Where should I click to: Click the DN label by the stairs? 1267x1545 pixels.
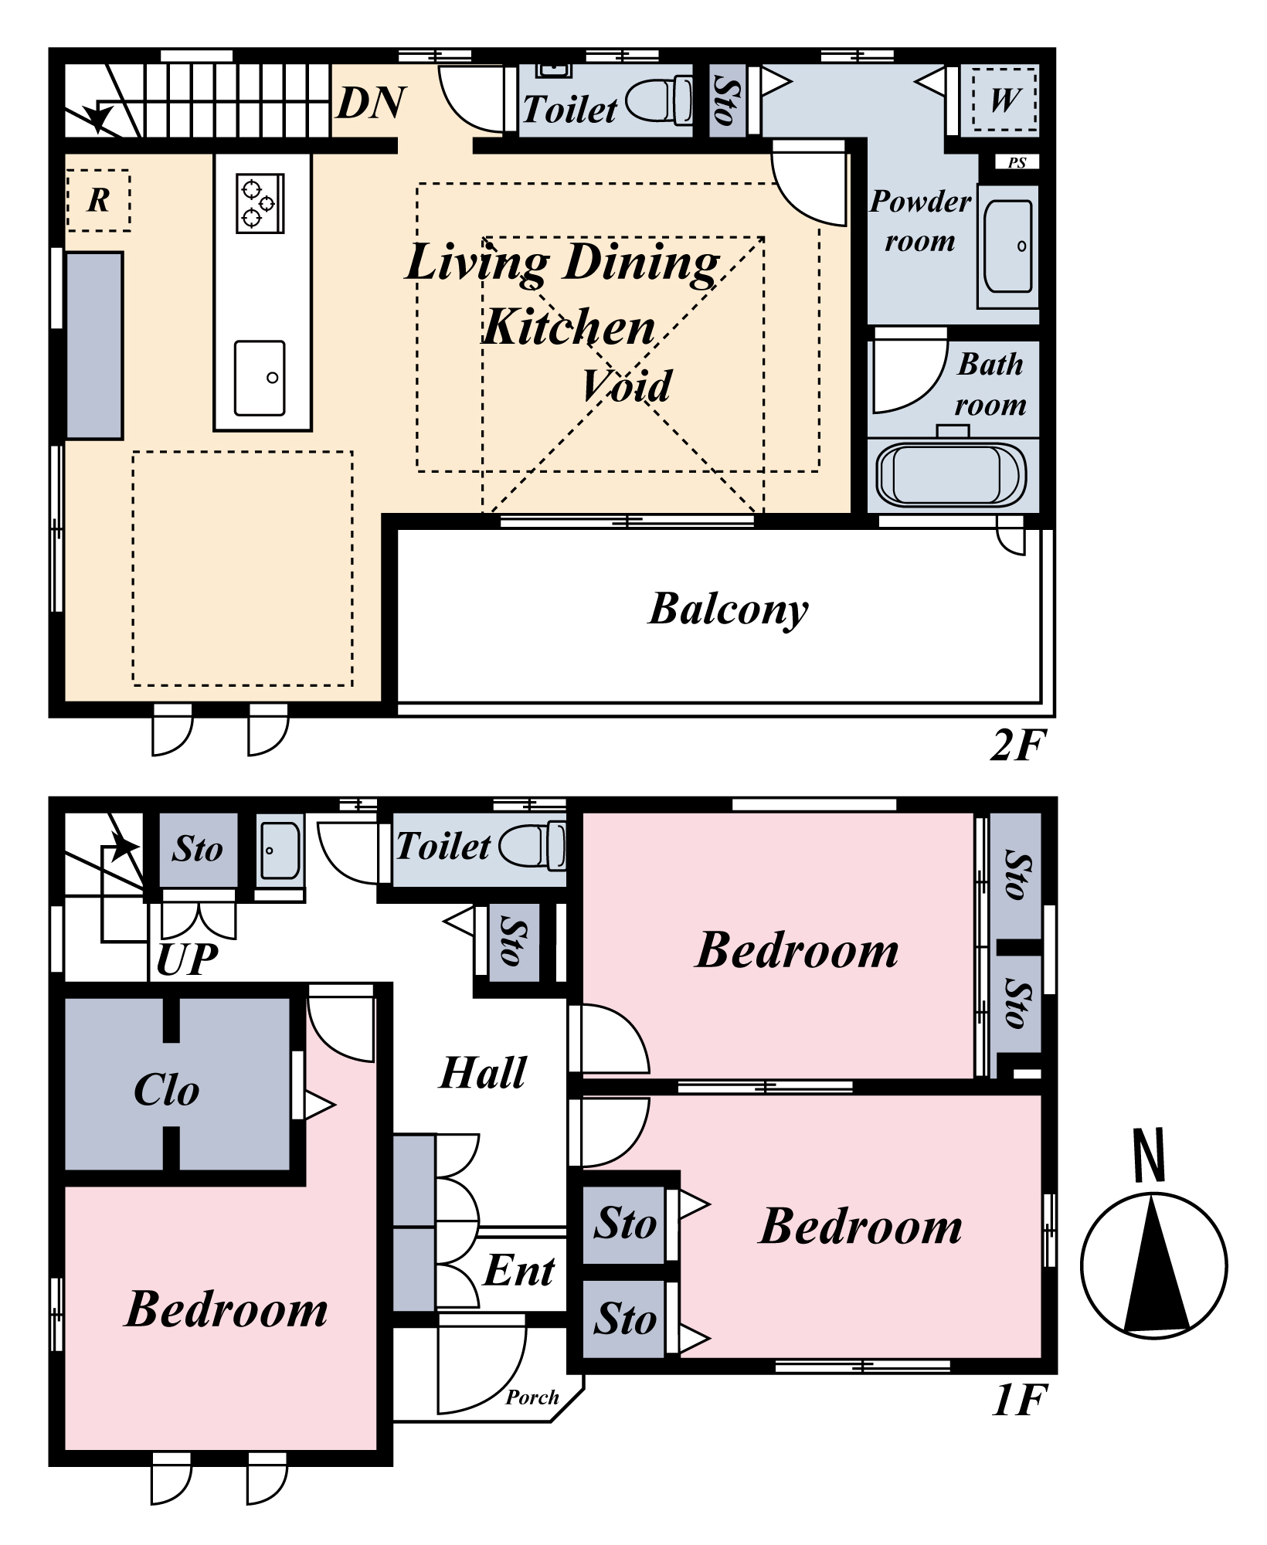click(372, 102)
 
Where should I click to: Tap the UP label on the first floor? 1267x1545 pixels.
click(187, 959)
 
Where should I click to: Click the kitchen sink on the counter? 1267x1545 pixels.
click(260, 379)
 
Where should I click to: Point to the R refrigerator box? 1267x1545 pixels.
click(98, 200)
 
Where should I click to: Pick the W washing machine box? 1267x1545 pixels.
click(1004, 100)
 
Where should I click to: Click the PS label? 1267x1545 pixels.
click(1017, 162)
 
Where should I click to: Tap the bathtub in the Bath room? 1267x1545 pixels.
click(952, 474)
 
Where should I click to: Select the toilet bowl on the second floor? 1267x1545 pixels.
click(660, 100)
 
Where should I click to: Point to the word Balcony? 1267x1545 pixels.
click(729, 609)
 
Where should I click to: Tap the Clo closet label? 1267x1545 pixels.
click(166, 1090)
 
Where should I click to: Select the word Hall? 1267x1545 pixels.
click(483, 1072)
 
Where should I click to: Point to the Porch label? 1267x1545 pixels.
click(532, 1397)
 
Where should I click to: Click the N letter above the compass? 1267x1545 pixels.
click(1149, 1155)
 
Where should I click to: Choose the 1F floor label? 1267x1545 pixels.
click(1019, 1400)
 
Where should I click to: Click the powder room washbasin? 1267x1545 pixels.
click(1009, 246)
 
